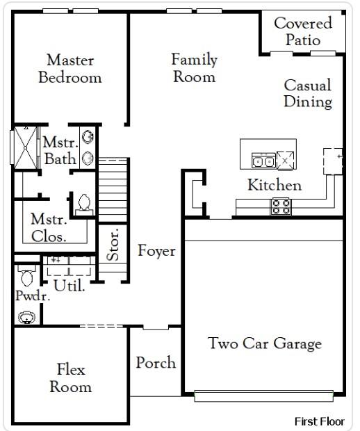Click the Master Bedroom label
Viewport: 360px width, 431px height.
point(69,68)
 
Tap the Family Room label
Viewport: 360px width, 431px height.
point(194,68)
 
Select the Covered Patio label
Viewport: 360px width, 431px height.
point(302,31)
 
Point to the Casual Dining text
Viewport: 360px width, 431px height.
point(307,94)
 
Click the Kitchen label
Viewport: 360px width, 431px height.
point(275,186)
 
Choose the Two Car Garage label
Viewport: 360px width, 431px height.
point(265,343)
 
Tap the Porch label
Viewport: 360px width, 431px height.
point(156,363)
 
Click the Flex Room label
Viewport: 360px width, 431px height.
point(70,378)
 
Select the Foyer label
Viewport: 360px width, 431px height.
point(156,251)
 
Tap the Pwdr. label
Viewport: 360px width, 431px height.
point(28,295)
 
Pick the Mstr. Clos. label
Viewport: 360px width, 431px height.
point(49,228)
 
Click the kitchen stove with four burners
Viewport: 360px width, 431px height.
point(281,206)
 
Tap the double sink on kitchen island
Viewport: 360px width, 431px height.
point(263,161)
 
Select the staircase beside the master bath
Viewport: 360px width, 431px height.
point(113,187)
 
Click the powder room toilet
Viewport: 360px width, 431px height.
point(27,276)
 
